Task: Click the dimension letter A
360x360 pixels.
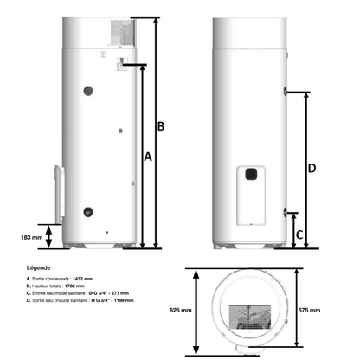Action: pyautogui.click(x=147, y=158)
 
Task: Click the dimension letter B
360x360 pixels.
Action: pyautogui.click(x=160, y=127)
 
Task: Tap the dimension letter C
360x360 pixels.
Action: pyautogui.click(x=299, y=234)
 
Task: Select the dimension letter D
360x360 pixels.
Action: pyautogui.click(x=312, y=169)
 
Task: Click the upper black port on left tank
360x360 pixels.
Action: pyautogui.click(x=87, y=89)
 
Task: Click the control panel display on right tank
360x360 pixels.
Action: pyautogui.click(x=251, y=172)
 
